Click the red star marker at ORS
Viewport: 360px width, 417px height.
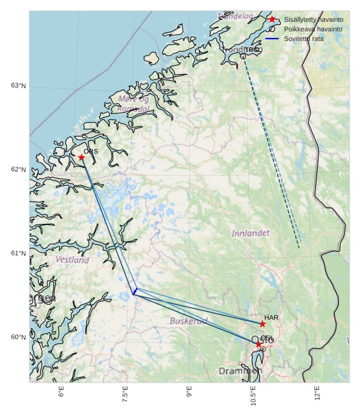pyautogui.click(x=82, y=158)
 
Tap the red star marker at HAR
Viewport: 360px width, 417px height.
pyautogui.click(x=262, y=324)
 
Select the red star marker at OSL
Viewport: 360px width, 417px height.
pyautogui.click(x=259, y=344)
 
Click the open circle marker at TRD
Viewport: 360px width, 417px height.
pyautogui.click(x=243, y=56)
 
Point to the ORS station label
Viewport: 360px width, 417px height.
pyautogui.click(x=91, y=151)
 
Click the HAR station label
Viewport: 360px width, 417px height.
pyautogui.click(x=271, y=317)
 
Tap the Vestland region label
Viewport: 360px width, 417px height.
pyautogui.click(x=72, y=260)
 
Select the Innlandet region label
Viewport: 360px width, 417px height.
pyautogui.click(x=251, y=233)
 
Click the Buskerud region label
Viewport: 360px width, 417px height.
pyautogui.click(x=188, y=321)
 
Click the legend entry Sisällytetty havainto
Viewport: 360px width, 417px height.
pyautogui.click(x=313, y=19)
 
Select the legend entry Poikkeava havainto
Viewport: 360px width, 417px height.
pyautogui.click(x=313, y=29)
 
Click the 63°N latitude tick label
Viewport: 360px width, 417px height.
pyautogui.click(x=18, y=86)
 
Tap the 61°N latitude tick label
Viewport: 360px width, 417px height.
pyautogui.click(x=18, y=253)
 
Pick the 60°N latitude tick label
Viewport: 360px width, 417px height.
pyautogui.click(x=18, y=337)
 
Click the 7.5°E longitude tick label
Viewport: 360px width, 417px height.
pyautogui.click(x=125, y=395)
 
